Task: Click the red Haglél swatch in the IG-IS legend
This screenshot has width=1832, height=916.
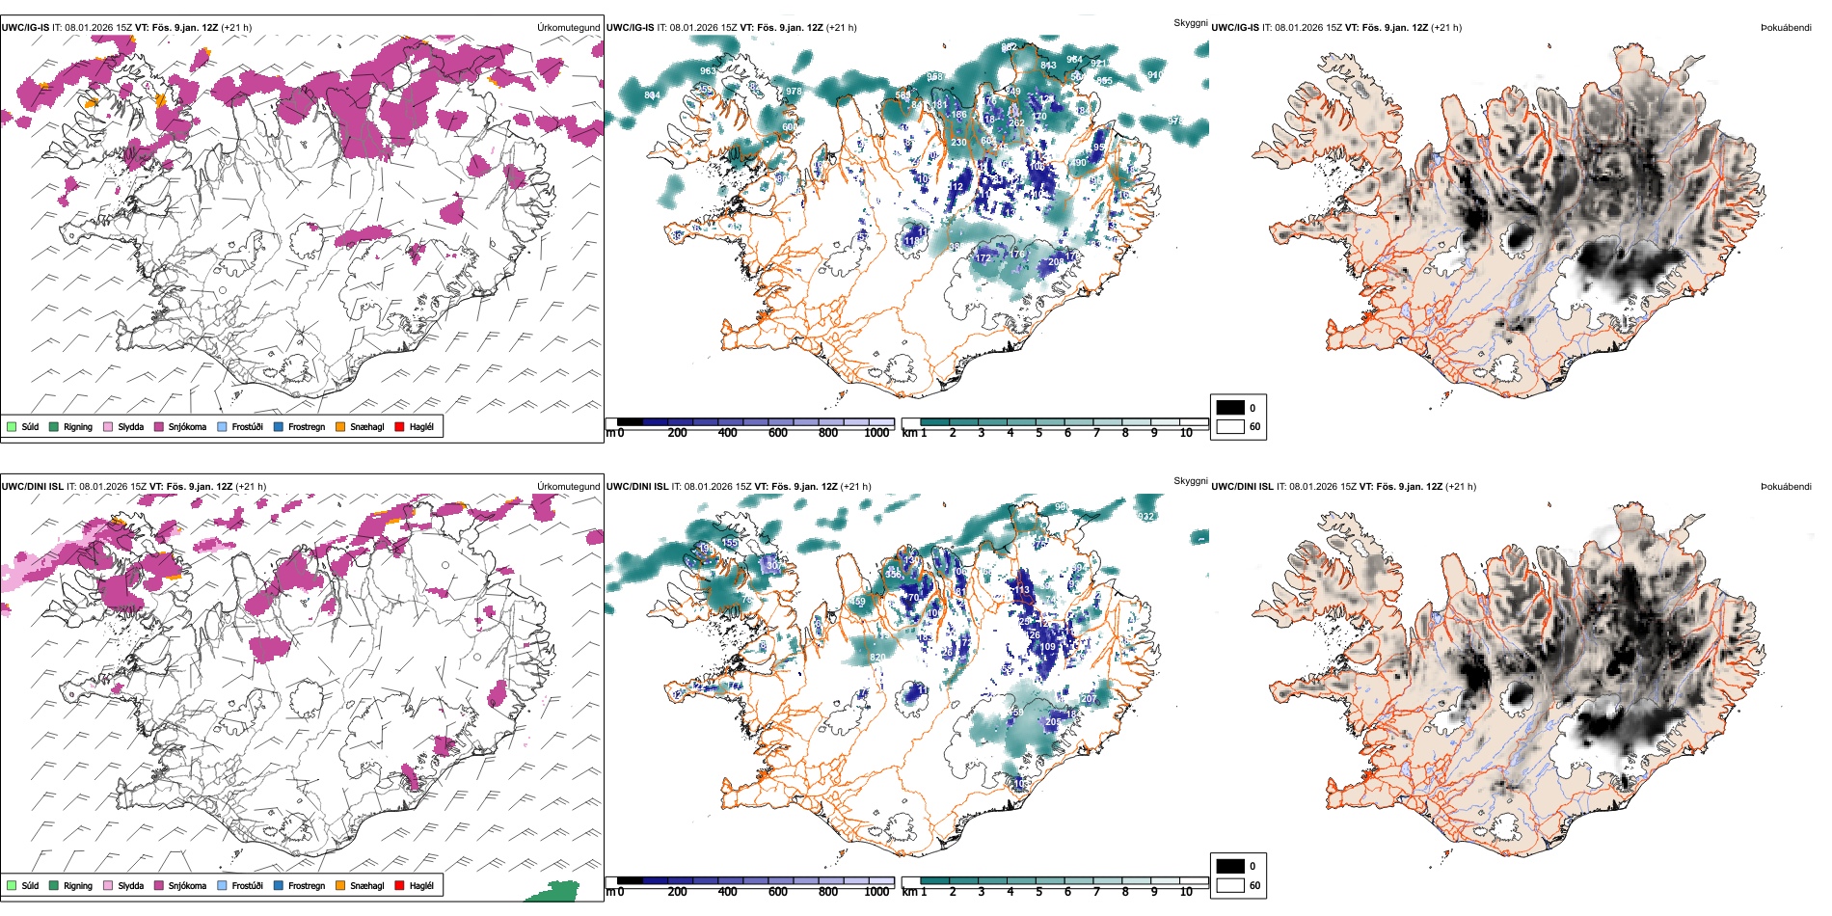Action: [399, 426]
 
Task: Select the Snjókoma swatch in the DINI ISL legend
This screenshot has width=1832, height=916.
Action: [158, 885]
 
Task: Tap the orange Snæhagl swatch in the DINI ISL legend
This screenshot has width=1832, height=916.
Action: [340, 885]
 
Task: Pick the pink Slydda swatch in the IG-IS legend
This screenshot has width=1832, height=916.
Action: [108, 426]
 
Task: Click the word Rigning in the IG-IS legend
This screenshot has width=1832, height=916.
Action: [78, 426]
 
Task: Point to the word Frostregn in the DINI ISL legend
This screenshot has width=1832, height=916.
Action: [307, 885]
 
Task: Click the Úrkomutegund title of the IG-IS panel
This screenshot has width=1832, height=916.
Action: [568, 28]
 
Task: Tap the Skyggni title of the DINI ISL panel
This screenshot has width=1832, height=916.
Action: [1190, 481]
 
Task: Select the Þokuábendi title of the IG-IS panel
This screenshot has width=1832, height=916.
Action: [1786, 28]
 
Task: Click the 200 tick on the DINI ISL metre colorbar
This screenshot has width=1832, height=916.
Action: [678, 892]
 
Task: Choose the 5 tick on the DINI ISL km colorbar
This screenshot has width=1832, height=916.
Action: [1038, 892]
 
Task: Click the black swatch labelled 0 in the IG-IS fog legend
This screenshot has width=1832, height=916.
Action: [1230, 408]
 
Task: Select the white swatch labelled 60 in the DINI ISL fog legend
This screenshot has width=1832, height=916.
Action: [1230, 885]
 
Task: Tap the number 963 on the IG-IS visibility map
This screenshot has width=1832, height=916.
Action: [708, 71]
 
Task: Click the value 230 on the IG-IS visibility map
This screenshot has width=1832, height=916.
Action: [958, 143]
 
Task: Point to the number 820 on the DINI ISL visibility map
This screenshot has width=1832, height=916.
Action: [877, 658]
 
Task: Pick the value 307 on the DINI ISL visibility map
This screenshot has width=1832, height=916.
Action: [773, 566]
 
